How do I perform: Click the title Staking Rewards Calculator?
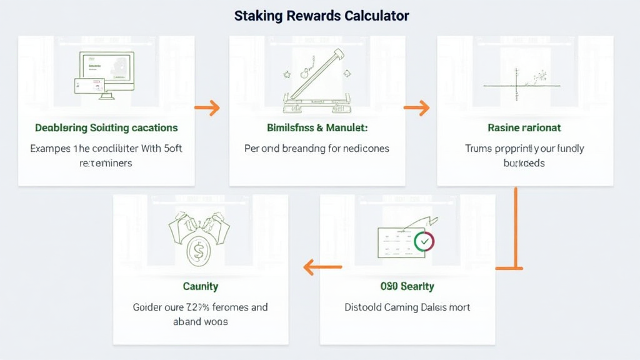[321, 16]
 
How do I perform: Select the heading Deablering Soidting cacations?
[106, 128]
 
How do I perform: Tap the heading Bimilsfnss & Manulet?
[317, 128]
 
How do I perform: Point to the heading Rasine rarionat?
[524, 128]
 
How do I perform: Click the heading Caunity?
[201, 286]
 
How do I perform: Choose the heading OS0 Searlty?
[407, 286]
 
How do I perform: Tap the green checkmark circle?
[424, 241]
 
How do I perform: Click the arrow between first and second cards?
[207, 108]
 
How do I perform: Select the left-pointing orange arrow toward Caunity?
[322, 268]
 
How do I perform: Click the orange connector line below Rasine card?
[516, 228]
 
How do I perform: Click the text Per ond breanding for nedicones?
[316, 149]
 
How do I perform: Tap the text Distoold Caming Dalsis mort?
[407, 307]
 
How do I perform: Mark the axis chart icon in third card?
[519, 84]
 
